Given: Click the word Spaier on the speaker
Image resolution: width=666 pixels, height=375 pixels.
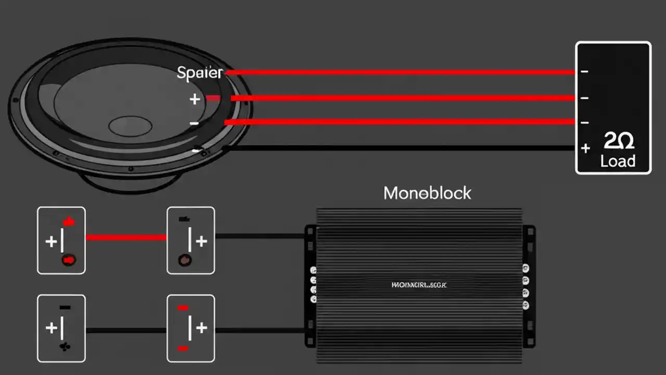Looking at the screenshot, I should pyautogui.click(x=200, y=73).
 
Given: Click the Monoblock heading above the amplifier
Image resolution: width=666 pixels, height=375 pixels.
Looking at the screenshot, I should pyautogui.click(x=427, y=193).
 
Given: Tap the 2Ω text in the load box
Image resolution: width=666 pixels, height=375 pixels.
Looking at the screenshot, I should pyautogui.click(x=619, y=141).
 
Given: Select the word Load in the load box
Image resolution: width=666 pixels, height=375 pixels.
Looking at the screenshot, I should pyautogui.click(x=618, y=161).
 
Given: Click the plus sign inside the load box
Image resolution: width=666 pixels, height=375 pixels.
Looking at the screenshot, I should pyautogui.click(x=585, y=148).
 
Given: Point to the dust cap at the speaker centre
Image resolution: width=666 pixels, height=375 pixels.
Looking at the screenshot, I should pyautogui.click(x=130, y=126).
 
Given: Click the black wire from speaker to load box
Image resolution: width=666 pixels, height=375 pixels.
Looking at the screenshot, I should pyautogui.click(x=395, y=148).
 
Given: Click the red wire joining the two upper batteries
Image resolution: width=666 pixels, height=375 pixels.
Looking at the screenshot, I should pyautogui.click(x=126, y=238).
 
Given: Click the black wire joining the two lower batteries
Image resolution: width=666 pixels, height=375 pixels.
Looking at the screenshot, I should pyautogui.click(x=126, y=330).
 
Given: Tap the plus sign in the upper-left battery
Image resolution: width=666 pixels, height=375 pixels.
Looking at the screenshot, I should pyautogui.click(x=51, y=241).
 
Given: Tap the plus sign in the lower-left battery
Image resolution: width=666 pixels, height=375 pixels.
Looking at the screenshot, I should pyautogui.click(x=51, y=328).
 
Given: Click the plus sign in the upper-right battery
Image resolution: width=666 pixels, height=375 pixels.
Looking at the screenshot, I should pyautogui.click(x=201, y=241).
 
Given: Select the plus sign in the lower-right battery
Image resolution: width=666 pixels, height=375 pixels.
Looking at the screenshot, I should pyautogui.click(x=201, y=328).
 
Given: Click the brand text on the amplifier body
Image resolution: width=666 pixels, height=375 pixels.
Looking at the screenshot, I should pyautogui.click(x=419, y=285).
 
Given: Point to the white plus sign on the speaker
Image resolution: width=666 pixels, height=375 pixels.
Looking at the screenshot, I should pyautogui.click(x=195, y=99).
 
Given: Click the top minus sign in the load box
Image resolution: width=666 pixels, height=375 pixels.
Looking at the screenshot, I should pyautogui.click(x=585, y=71).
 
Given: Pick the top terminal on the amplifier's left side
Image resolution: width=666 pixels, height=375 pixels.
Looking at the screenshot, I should pyautogui.click(x=313, y=270).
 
